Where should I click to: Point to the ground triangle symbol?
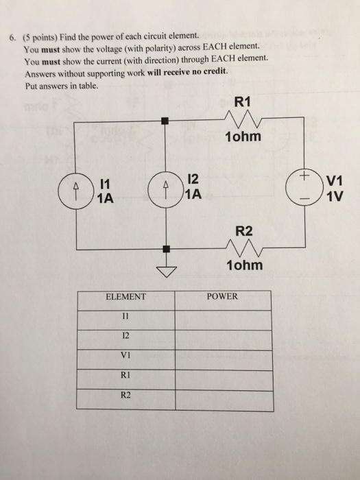point(165,272)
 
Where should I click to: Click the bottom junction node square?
point(165,250)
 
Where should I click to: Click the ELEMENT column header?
point(125,297)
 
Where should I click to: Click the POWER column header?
point(222,297)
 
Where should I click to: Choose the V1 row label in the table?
point(125,357)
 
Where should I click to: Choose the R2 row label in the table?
point(125,396)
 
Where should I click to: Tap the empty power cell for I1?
point(222,317)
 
